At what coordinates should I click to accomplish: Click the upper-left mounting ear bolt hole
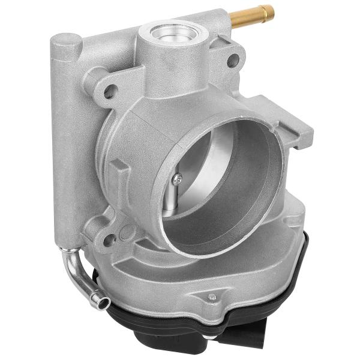[109, 92]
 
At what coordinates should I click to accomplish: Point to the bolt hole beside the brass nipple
[233, 60]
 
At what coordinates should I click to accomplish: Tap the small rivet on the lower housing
[211, 296]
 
